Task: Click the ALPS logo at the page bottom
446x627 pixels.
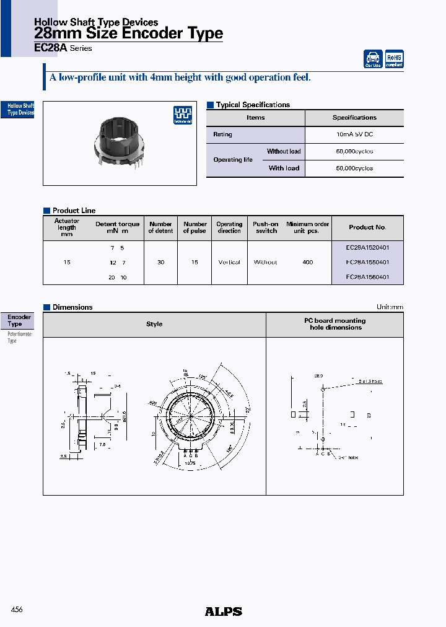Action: click(x=223, y=612)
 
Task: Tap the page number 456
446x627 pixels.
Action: click(x=17, y=610)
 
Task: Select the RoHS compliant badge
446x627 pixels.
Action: click(x=394, y=59)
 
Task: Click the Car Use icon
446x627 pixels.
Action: click(x=373, y=59)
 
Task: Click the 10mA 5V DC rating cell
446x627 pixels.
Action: click(x=354, y=134)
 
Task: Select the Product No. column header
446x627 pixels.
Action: click(x=367, y=227)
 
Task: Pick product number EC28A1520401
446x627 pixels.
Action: click(x=367, y=247)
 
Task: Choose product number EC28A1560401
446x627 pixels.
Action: click(x=367, y=277)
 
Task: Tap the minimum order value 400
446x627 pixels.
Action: click(x=308, y=262)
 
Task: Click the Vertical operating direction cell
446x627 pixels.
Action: click(x=229, y=262)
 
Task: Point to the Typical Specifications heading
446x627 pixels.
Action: click(x=253, y=105)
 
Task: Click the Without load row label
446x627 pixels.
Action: click(x=284, y=151)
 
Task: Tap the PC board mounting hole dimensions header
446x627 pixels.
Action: click(x=334, y=324)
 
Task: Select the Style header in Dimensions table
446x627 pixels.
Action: click(x=154, y=324)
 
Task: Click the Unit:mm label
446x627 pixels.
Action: click(x=390, y=307)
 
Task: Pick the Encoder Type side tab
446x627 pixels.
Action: click(x=19, y=320)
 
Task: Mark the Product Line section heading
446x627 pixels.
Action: click(x=74, y=211)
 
